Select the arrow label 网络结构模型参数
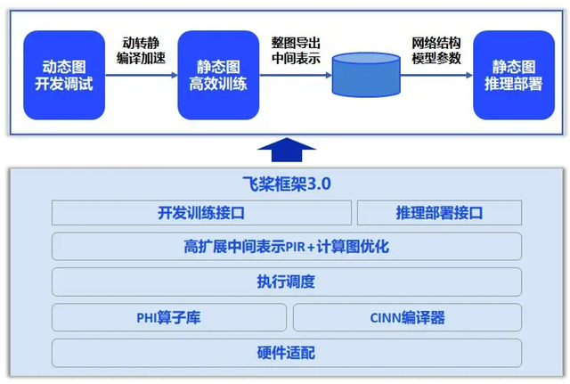click(x=436, y=51)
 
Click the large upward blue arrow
click(x=286, y=149)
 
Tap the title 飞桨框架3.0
click(x=285, y=185)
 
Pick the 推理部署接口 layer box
click(x=438, y=213)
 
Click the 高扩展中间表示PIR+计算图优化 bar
click(x=286, y=247)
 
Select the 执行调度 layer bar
click(x=286, y=282)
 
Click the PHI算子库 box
click(x=169, y=317)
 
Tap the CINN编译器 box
click(x=407, y=317)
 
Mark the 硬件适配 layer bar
click(x=286, y=352)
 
